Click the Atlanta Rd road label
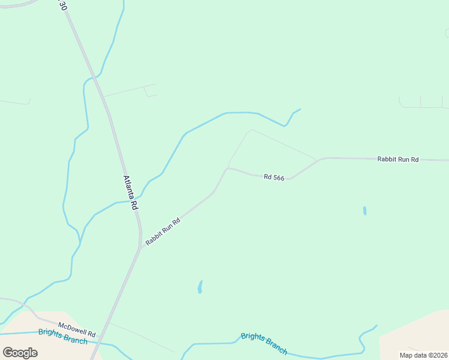click(x=131, y=192)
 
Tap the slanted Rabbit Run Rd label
click(x=163, y=231)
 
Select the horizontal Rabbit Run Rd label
click(x=397, y=159)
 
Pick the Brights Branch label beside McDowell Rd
click(x=62, y=337)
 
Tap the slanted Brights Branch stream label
click(x=264, y=343)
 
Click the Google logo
click(x=20, y=353)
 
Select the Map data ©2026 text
click(x=423, y=355)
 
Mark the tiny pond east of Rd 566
click(x=364, y=211)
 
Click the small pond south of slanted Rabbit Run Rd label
click(x=200, y=287)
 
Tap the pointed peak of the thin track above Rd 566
click(x=252, y=130)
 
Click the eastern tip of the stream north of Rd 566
click(x=300, y=109)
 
